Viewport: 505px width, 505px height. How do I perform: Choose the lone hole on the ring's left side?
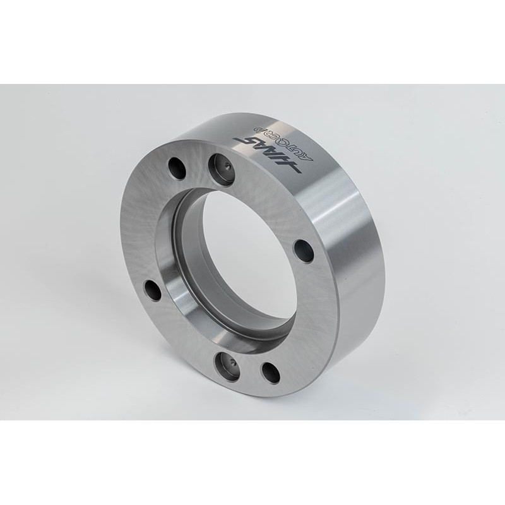pos(153,290)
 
